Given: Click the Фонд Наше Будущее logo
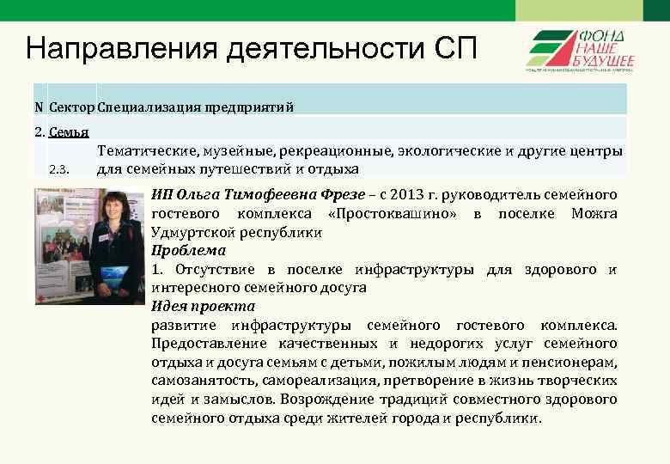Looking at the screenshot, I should [582, 50].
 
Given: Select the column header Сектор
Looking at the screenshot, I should [72, 107].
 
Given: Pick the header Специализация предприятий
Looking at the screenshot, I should [196, 107].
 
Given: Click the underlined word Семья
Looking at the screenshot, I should [70, 133].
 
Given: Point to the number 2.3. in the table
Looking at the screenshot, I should [59, 168].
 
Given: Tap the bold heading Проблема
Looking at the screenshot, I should [188, 251].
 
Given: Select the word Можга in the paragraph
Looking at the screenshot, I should [594, 214].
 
